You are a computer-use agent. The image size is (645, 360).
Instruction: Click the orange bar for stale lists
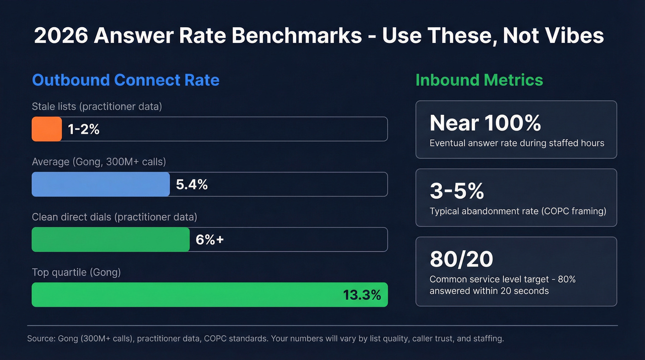click(47, 129)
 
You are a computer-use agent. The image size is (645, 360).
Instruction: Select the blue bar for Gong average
click(100, 184)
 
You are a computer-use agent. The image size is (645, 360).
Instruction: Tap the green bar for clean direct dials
click(111, 240)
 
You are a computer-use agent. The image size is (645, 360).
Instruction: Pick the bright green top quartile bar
click(184, 295)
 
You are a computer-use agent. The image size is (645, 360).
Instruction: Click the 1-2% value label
click(83, 130)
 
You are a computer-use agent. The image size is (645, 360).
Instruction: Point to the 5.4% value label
click(192, 185)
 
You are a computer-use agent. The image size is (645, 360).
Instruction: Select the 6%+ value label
click(210, 240)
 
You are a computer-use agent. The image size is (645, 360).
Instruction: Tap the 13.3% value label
click(362, 295)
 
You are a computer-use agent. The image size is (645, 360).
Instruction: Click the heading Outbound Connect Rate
click(125, 80)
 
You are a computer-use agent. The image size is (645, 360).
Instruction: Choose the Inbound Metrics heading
click(479, 80)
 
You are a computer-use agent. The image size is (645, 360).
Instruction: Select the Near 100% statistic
click(485, 123)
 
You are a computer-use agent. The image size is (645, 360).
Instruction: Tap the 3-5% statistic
click(457, 191)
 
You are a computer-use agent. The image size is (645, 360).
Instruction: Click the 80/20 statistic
click(461, 259)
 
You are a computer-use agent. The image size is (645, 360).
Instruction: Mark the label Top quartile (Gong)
click(76, 272)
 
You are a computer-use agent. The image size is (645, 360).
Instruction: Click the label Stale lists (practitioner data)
click(97, 106)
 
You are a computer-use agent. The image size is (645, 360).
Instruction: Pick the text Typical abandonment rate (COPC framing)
click(518, 211)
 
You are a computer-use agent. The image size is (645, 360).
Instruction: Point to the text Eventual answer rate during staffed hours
click(516, 143)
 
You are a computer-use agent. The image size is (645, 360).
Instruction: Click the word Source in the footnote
click(41, 339)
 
